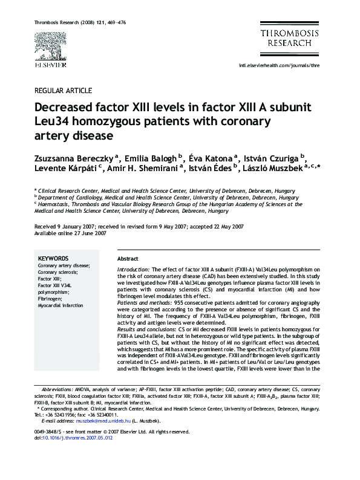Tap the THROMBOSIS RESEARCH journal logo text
(x=285, y=39)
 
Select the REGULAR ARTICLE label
(x=63, y=91)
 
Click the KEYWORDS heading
(x=54, y=258)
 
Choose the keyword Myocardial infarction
(x=61, y=305)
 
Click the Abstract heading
(x=128, y=258)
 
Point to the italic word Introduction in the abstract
(x=133, y=269)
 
